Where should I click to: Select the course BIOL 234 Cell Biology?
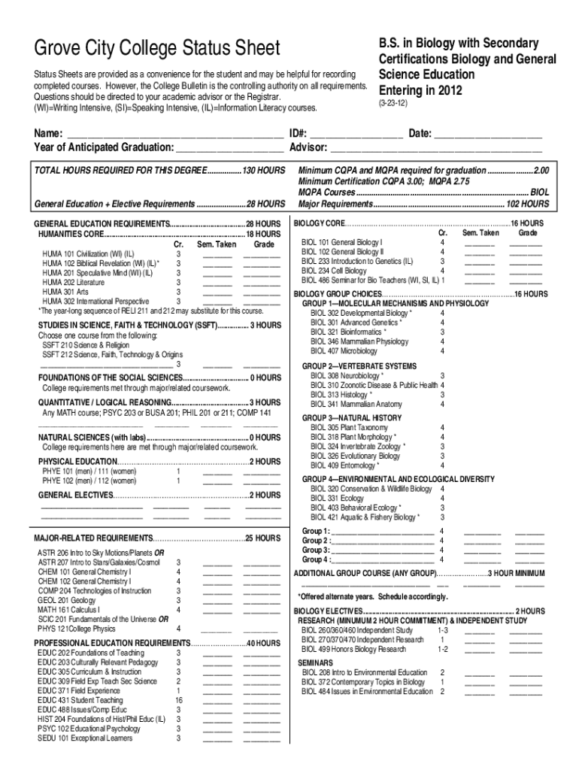[334, 271]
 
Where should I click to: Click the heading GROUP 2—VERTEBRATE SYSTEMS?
[359, 365]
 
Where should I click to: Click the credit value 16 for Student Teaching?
[178, 699]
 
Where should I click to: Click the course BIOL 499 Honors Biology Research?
[353, 648]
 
